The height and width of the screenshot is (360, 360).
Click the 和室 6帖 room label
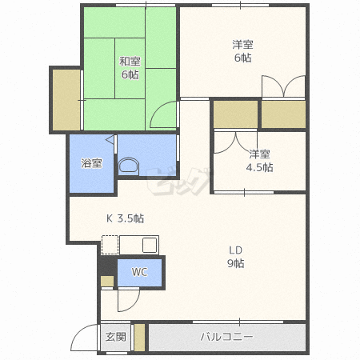[x=130, y=68]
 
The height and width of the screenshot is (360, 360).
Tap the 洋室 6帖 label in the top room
[x=242, y=51]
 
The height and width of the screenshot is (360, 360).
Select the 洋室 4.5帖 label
[x=259, y=161]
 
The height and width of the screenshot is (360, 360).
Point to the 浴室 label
[x=91, y=163]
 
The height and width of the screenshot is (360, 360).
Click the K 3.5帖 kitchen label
[x=125, y=218]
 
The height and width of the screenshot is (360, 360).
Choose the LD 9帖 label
[x=236, y=257]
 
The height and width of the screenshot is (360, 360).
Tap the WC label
[x=139, y=272]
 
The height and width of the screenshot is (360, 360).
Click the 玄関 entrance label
[x=116, y=337]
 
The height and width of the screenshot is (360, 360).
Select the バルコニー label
[x=226, y=337]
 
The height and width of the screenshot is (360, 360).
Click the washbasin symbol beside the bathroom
[x=129, y=166]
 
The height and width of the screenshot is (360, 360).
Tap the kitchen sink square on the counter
[x=150, y=245]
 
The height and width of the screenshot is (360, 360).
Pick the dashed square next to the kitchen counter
[x=110, y=245]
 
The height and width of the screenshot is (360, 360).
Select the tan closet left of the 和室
[x=66, y=100]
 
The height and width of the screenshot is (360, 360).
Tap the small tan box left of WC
[x=107, y=282]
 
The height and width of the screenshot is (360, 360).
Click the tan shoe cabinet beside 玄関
[x=139, y=338]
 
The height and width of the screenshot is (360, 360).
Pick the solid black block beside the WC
[x=107, y=266]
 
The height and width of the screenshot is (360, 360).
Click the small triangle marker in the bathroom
[x=110, y=140]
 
